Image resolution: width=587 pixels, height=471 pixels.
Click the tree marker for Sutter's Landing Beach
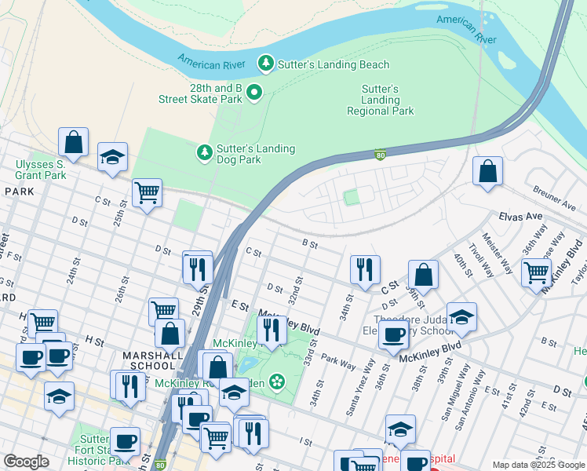tap(266, 64)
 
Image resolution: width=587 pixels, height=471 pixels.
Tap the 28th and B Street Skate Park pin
tap(254, 93)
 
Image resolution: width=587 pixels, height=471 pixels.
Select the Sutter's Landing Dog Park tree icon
tap(205, 152)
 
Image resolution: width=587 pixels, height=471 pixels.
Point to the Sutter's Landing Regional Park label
tap(381, 100)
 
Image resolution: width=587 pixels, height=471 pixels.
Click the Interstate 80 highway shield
tap(380, 154)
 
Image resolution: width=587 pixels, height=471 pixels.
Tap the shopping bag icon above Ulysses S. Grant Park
tap(74, 142)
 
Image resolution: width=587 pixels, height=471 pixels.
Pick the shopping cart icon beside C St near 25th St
tap(147, 192)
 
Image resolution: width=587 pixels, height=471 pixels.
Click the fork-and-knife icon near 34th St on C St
tap(365, 269)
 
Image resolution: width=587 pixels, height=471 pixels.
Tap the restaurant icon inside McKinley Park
tap(272, 329)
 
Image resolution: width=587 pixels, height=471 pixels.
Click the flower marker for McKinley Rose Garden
tap(276, 382)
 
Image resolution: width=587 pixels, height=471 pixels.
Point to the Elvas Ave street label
tap(521, 216)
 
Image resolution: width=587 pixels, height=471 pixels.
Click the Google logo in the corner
tap(26, 462)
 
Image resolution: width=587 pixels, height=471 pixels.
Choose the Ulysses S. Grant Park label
tap(40, 170)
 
